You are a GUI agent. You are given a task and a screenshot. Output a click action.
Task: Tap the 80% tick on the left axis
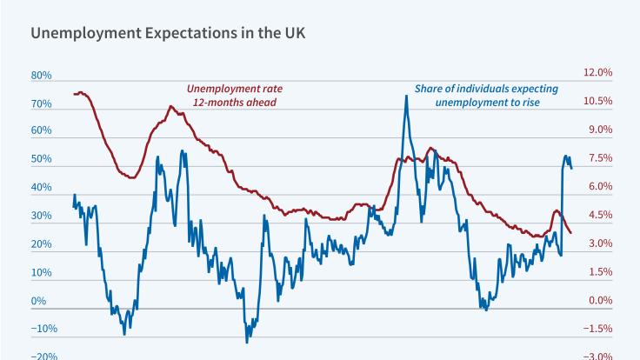[42, 76]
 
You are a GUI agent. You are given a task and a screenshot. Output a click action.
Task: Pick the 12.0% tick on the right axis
[597, 72]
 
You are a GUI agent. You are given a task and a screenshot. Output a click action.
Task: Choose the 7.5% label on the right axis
[600, 158]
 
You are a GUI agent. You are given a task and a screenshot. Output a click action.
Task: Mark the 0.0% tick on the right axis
[600, 301]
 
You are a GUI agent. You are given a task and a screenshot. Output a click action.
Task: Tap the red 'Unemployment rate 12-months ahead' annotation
[235, 96]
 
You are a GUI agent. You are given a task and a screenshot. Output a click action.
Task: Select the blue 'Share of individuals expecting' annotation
[486, 89]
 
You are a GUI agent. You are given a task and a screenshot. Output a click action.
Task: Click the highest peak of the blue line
[406, 96]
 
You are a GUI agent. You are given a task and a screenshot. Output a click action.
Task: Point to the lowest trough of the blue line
[247, 341]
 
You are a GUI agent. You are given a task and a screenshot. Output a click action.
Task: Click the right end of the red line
[571, 233]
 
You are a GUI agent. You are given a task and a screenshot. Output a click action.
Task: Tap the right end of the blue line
[571, 168]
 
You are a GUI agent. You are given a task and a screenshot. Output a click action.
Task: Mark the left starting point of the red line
[74, 93]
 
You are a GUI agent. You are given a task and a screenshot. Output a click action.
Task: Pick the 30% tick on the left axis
[42, 217]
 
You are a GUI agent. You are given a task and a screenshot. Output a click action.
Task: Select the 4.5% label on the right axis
[600, 215]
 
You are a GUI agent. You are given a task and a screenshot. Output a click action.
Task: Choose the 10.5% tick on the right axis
[597, 101]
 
